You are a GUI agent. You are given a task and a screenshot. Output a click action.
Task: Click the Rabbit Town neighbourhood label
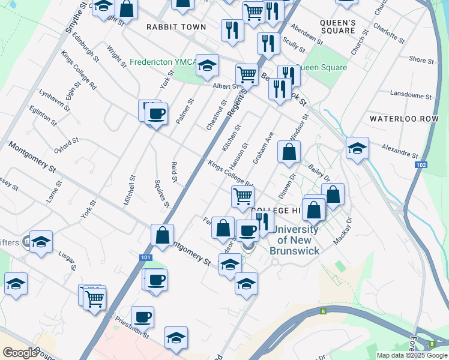pos(176,27)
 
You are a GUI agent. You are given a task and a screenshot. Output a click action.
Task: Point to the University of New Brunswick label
pos(294,240)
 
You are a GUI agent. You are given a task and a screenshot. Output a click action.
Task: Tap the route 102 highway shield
pos(420,164)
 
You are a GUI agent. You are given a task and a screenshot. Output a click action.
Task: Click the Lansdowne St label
pos(411,94)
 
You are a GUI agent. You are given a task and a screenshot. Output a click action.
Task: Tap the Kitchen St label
pos(231,138)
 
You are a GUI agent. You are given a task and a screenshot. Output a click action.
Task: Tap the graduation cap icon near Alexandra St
pos(357,148)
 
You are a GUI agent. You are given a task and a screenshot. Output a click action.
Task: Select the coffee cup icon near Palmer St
pos(157,114)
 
